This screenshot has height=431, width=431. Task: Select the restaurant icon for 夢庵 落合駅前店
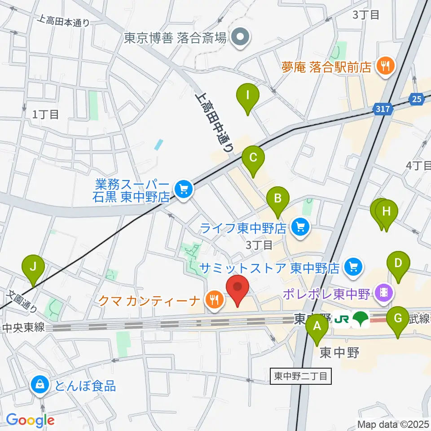pos(384,67)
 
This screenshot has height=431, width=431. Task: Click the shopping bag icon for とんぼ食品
pos(40,385)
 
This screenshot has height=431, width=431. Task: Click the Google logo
pos(30,420)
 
